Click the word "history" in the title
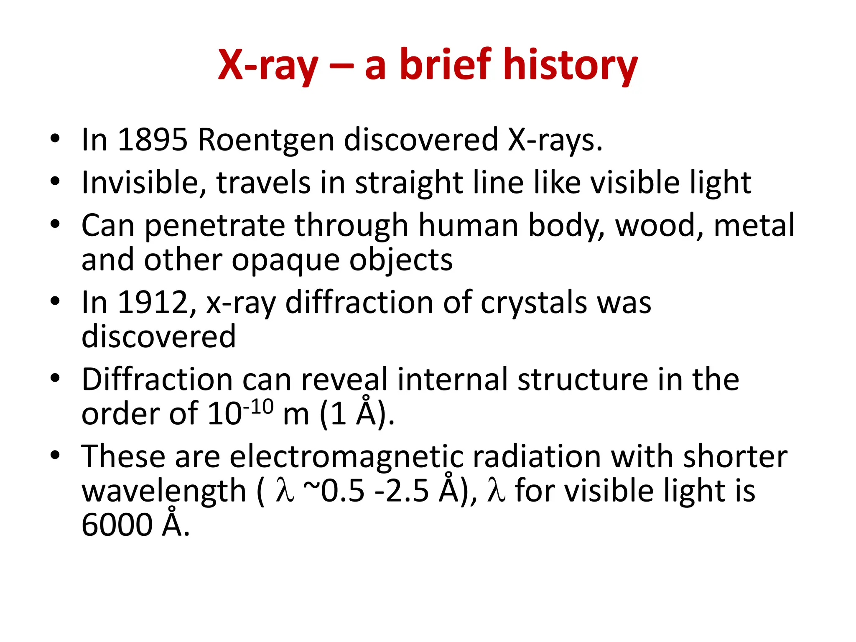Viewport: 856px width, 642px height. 571,65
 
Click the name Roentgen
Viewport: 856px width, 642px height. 266,140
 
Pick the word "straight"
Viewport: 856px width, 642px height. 409,184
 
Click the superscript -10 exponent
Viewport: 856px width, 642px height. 258,407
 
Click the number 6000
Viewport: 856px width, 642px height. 117,525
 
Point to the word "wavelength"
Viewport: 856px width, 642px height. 164,491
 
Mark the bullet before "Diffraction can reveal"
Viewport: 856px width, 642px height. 55,378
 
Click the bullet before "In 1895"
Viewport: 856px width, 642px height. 55,138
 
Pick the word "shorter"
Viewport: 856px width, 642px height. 735,456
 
